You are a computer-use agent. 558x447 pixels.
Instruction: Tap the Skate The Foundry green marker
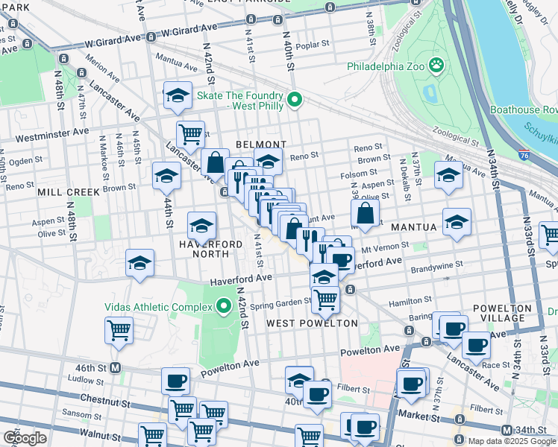(x=295, y=99)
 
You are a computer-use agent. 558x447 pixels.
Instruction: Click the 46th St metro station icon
(x=116, y=367)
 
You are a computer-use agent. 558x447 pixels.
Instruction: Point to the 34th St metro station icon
(x=507, y=430)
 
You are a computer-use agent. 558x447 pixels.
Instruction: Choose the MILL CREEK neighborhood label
(x=69, y=191)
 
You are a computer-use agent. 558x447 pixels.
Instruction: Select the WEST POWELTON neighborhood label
(x=312, y=323)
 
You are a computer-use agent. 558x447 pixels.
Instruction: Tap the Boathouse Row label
(x=524, y=110)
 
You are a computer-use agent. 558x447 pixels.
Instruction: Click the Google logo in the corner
(x=25, y=437)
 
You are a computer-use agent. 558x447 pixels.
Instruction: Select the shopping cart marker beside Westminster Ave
(x=190, y=134)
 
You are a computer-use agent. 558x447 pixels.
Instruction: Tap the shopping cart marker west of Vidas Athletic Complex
(x=119, y=330)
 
